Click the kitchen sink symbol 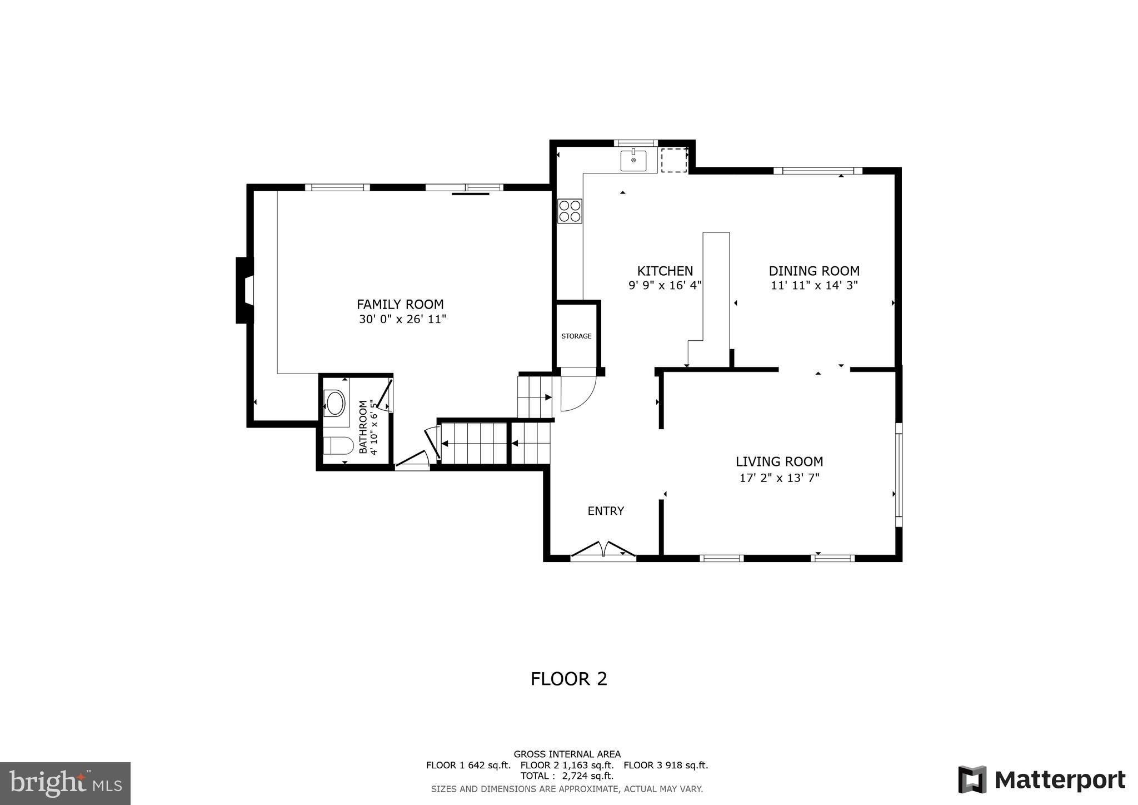click(x=633, y=160)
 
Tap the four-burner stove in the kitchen click(x=570, y=211)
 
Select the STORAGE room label click(x=576, y=336)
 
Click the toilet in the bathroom click(x=338, y=446)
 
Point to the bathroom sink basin click(x=335, y=403)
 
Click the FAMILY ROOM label click(x=400, y=305)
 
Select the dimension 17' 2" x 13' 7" click(x=779, y=478)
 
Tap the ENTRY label click(x=606, y=511)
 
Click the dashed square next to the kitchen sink click(x=674, y=160)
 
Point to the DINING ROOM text click(x=814, y=271)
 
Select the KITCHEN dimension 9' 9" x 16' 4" click(x=665, y=286)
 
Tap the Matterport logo click(x=1041, y=780)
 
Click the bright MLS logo click(x=65, y=783)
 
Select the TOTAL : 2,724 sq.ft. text click(x=567, y=776)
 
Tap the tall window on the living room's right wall click(x=899, y=475)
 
